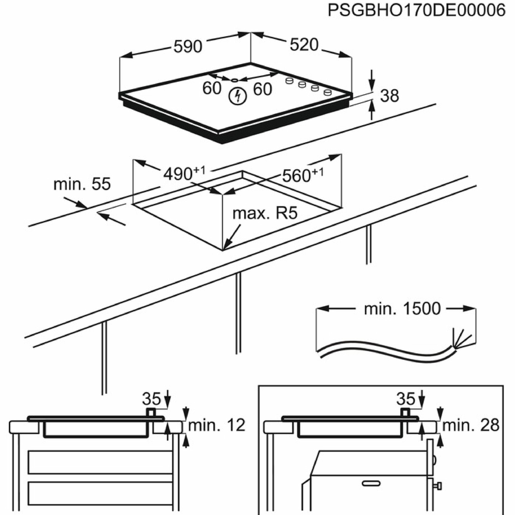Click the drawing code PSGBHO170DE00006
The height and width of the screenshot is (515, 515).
pos(416,11)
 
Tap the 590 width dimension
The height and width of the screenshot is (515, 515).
pos(188,46)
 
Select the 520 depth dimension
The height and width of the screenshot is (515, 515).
pos(304,45)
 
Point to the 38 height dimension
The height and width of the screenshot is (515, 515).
pos(389,96)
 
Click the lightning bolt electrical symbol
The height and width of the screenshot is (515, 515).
pos(237,96)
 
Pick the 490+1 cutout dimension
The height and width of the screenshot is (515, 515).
pos(184,173)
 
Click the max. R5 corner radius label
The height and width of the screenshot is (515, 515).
pos(265,213)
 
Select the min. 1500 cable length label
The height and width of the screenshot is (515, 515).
pos(402,309)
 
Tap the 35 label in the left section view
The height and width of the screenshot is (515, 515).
pos(151,399)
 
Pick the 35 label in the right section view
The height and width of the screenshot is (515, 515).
pos(406,399)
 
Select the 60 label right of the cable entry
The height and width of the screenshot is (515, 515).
pos(262,89)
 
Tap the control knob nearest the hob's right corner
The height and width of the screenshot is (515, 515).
pos(328,92)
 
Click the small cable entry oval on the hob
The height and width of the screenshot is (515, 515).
pos(234,80)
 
